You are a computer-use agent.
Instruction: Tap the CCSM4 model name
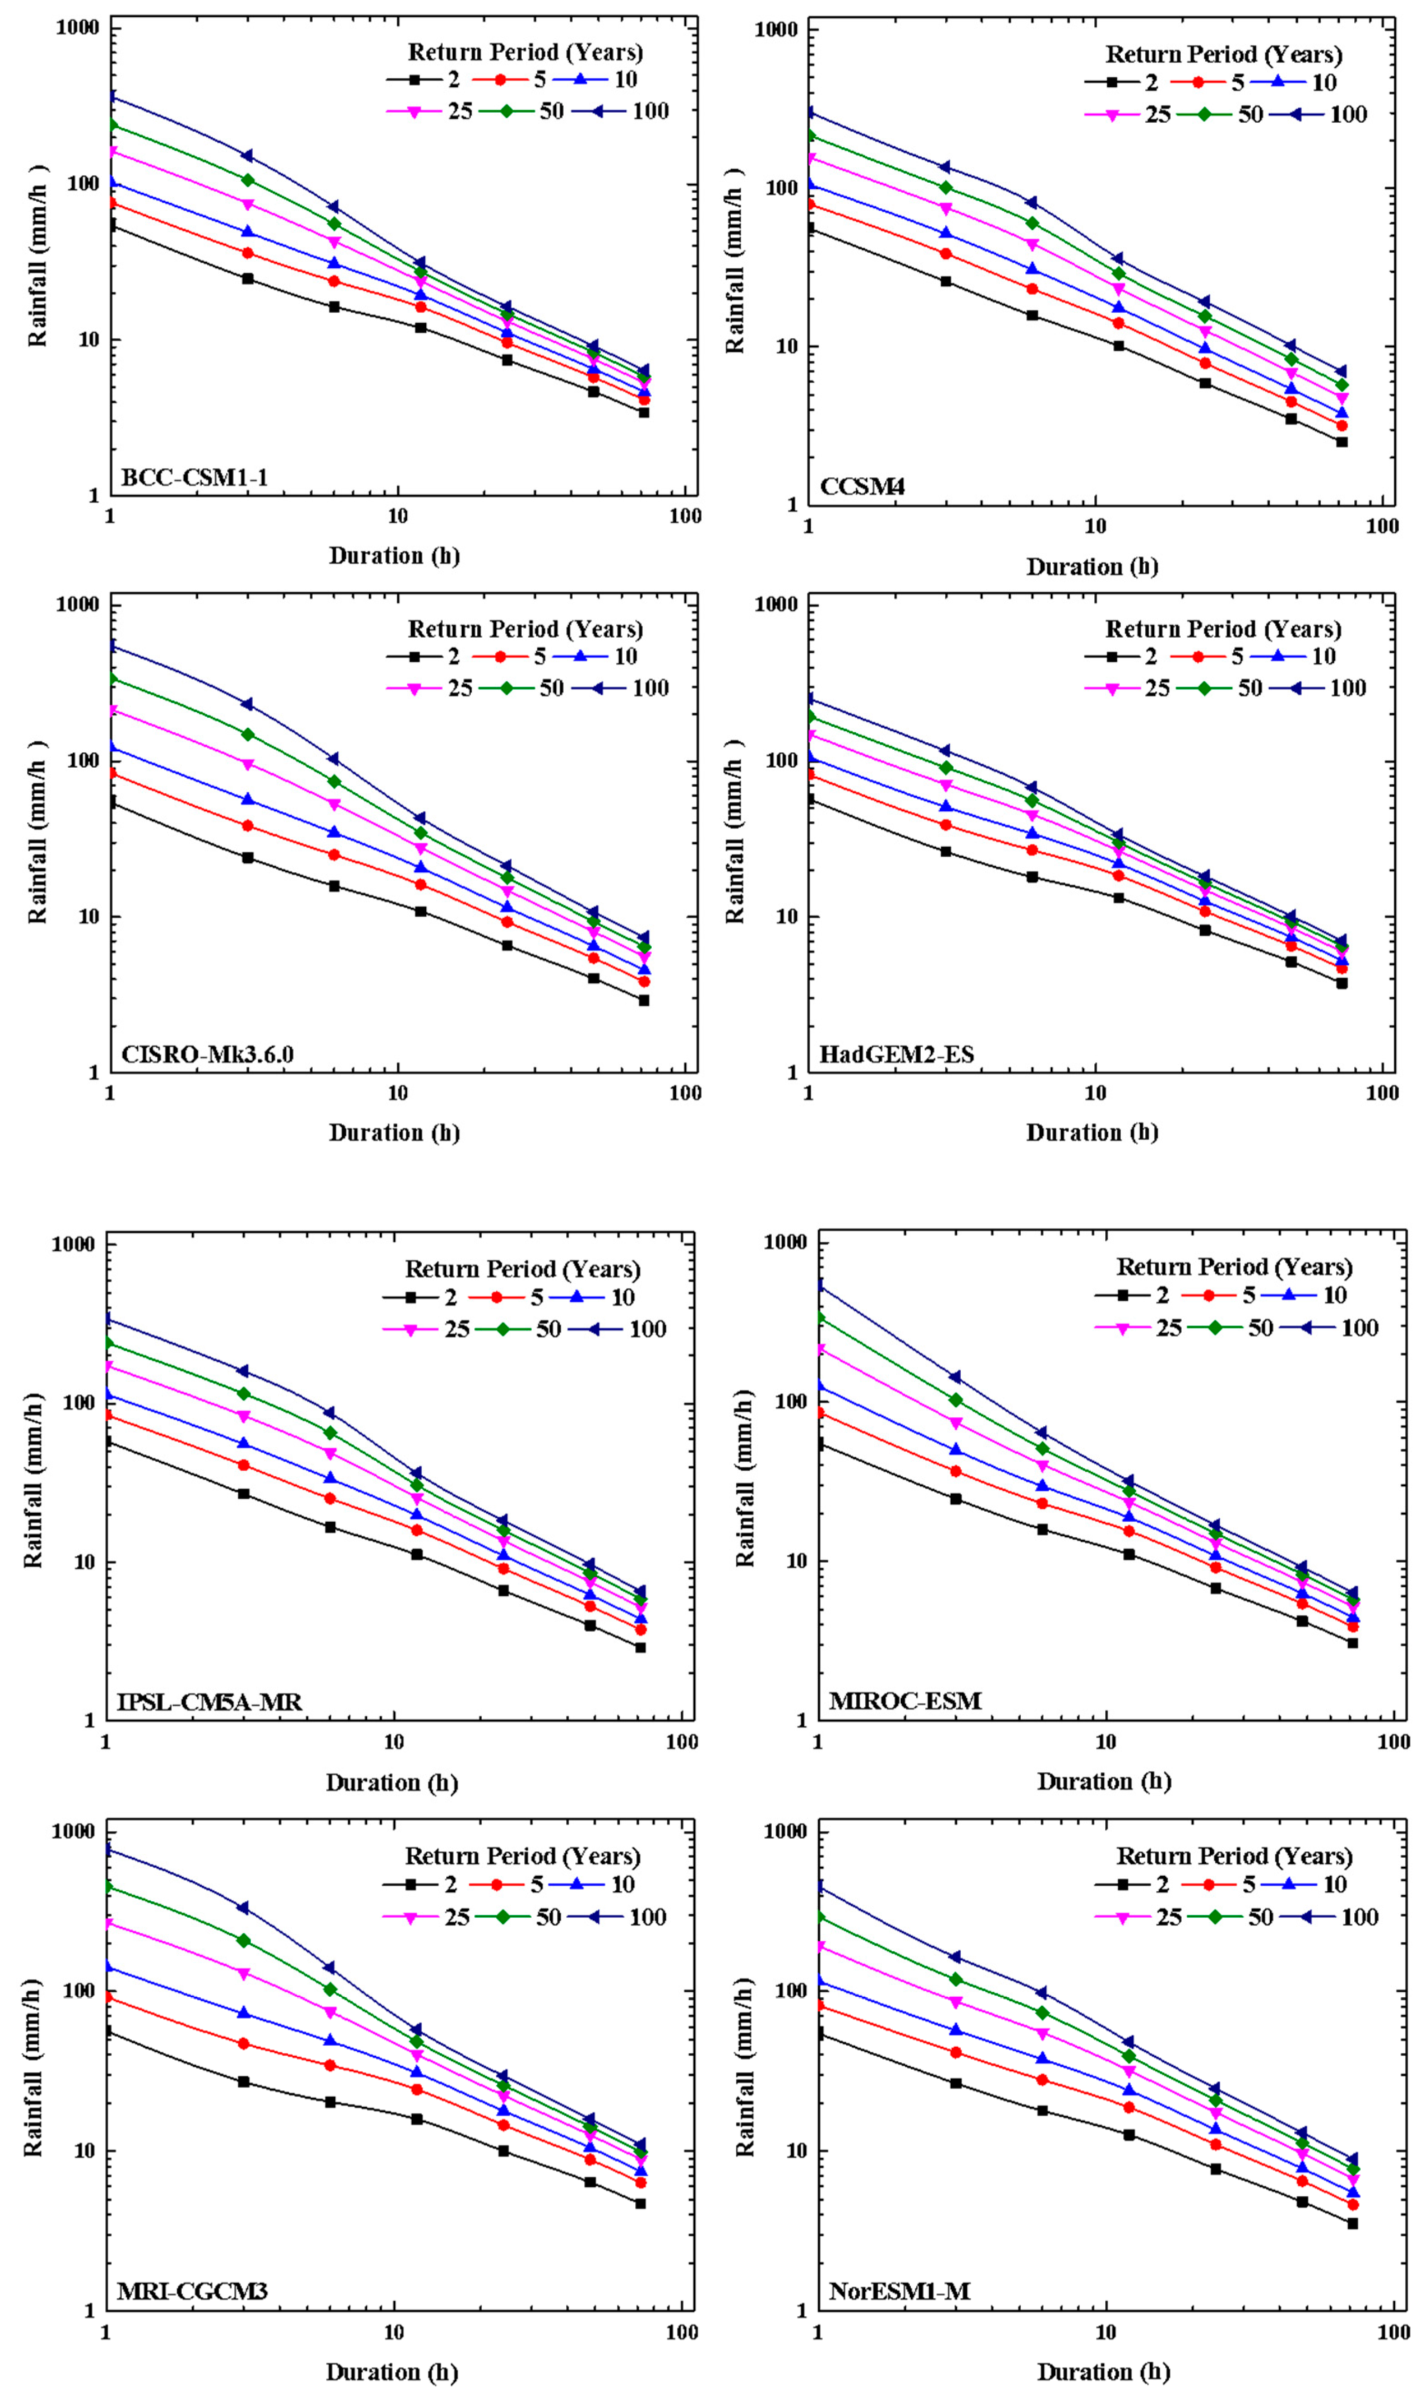point(862,487)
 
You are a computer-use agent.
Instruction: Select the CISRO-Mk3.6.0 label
point(207,1055)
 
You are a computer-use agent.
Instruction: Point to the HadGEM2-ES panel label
point(896,1055)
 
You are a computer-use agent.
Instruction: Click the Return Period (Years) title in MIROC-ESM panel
point(1234,1267)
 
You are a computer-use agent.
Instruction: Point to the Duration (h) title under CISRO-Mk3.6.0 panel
point(394,1133)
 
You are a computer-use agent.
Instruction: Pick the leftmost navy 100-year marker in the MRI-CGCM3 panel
point(107,1849)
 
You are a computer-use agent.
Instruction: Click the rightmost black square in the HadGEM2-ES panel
point(1342,983)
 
